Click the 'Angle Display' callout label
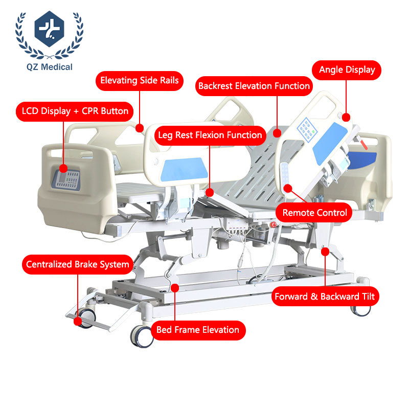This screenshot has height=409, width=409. [x=347, y=70]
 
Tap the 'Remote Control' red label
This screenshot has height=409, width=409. [x=314, y=213]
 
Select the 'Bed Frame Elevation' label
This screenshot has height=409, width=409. [x=198, y=330]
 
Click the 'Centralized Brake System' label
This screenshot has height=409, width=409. [x=78, y=264]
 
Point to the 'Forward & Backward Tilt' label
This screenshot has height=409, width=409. [x=325, y=297]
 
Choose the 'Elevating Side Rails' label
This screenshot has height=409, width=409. [x=140, y=81]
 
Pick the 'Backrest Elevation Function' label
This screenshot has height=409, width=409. [x=254, y=86]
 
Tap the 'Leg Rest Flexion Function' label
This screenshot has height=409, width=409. [x=210, y=135]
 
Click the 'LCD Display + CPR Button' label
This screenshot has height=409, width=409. [x=75, y=111]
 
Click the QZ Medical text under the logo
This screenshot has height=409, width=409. [x=50, y=67]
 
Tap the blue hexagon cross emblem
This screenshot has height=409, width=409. [x=49, y=29]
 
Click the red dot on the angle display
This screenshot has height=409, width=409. [x=346, y=118]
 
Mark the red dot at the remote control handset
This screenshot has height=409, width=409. [x=288, y=188]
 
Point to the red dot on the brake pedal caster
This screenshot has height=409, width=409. [x=78, y=322]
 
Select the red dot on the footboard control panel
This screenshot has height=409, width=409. [x=63, y=169]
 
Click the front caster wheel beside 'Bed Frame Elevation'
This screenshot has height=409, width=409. [x=142, y=336]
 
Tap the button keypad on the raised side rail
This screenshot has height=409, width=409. [x=306, y=130]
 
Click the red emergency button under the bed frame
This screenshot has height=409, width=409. [x=274, y=224]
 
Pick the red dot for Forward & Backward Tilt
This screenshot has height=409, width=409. [x=325, y=252]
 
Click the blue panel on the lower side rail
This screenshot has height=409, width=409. [x=184, y=169]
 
